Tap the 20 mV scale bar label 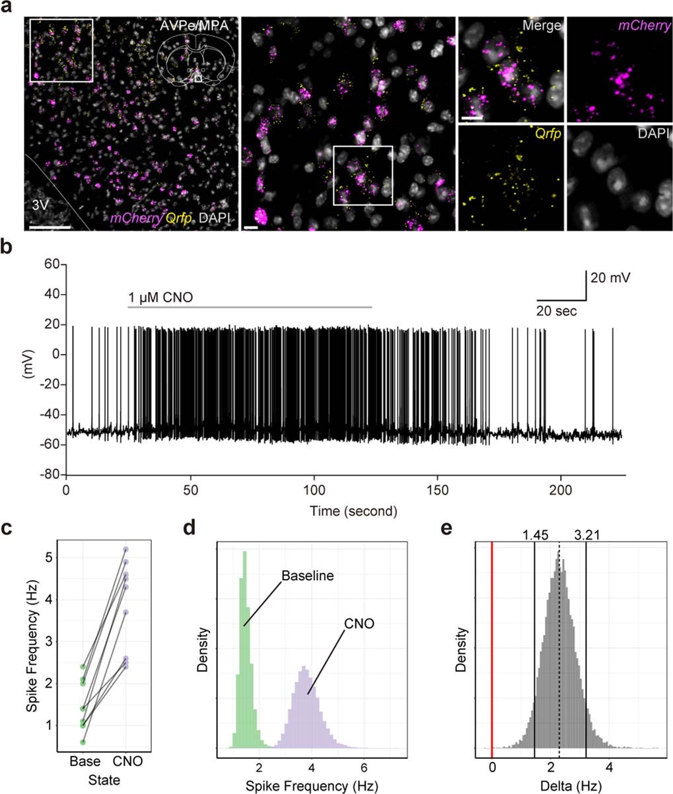tap(611, 278)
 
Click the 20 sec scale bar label tap(555, 310)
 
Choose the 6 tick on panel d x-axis tap(363, 762)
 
